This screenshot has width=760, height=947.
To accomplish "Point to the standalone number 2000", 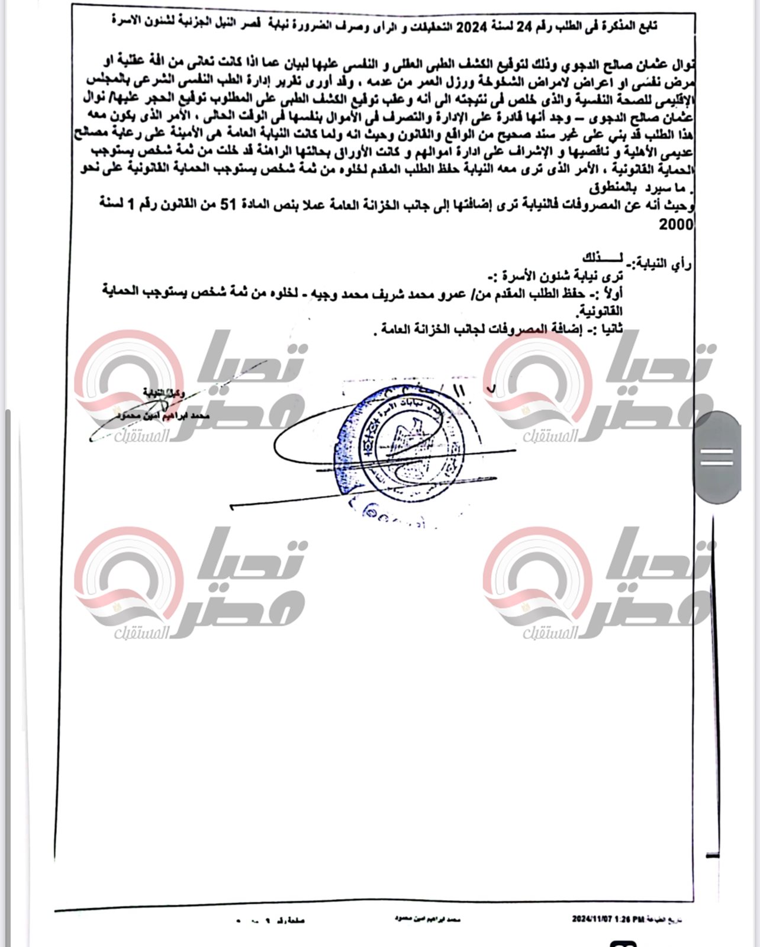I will [x=675, y=224].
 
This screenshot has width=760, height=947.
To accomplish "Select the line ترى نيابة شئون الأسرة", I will [x=562, y=276].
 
